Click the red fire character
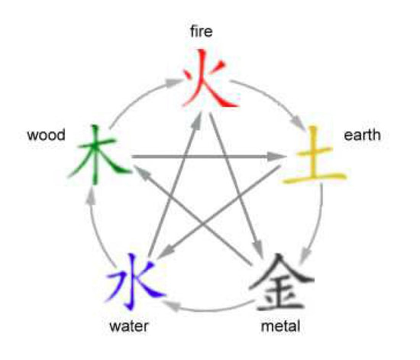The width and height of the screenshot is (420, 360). coord(209,79)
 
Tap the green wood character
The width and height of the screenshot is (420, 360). coord(99,155)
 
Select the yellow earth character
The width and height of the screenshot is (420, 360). coord(315,155)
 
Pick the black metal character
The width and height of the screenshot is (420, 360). coord(281,282)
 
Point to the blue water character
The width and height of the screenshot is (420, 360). coord(136,281)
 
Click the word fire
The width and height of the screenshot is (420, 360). coord(201,31)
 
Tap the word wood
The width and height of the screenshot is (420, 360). coord(46,135)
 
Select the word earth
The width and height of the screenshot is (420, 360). coord(362,135)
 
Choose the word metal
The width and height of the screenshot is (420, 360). coord(280,326)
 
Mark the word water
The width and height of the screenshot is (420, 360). coord(129,326)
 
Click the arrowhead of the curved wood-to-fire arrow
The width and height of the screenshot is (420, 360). coord(173,82)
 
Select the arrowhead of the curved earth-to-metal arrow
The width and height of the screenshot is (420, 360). coord(305,256)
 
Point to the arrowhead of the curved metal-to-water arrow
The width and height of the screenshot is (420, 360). coord(171,306)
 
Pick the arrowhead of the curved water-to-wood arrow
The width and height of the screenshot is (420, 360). coord(91,195)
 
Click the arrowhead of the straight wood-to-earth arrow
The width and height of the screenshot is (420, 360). coord(276,156)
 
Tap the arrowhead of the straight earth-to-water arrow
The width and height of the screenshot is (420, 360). coord(166,252)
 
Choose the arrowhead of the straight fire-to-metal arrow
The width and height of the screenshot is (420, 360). coord(257,246)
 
